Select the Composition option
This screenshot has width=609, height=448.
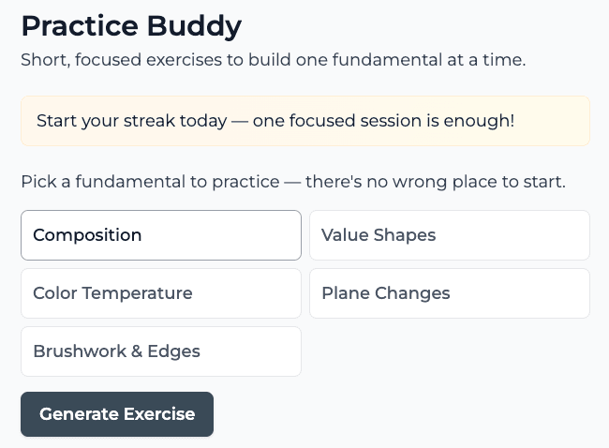[160, 235]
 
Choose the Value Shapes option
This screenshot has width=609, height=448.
[449, 235]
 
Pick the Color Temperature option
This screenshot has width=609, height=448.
[160, 293]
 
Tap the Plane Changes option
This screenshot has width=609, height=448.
[449, 293]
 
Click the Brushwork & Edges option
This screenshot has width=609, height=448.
[160, 351]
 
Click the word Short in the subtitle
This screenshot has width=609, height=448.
[42, 60]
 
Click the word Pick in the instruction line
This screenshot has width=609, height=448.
[37, 181]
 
